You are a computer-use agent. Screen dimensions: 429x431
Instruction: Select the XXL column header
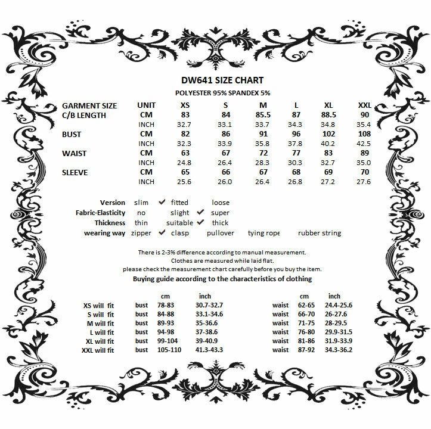364,105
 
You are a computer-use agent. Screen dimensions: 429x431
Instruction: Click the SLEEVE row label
75,172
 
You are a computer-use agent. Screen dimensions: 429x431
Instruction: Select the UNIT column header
146,105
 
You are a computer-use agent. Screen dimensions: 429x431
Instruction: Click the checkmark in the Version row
162,203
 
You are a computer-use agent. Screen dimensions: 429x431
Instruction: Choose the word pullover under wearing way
220,233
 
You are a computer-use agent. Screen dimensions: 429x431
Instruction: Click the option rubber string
320,233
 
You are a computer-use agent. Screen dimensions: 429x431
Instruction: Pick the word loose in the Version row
221,203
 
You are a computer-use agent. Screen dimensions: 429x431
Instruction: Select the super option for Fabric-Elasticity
220,213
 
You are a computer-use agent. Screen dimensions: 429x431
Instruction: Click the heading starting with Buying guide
222,279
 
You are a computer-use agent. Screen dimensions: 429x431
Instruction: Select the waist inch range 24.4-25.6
338,305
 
